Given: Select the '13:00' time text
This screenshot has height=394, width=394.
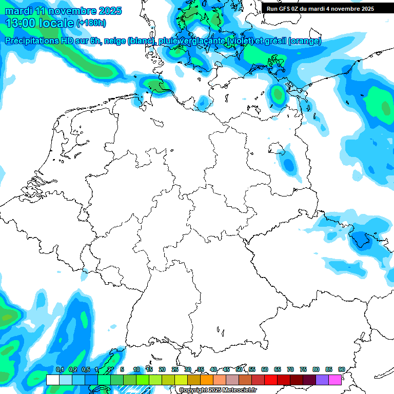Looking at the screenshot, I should point(21,23).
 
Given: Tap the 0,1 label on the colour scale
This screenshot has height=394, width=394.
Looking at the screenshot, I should point(60,370).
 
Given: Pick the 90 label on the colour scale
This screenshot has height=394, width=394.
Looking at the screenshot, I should point(341,370).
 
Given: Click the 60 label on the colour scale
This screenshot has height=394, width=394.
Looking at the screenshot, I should point(265,370).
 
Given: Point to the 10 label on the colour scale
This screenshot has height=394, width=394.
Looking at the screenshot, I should point(136,370).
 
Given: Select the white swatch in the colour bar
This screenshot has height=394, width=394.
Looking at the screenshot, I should point(52,380).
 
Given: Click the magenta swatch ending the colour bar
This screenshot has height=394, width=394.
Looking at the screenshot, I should point(334,380).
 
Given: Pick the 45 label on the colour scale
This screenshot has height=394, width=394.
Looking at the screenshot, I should point(226,370).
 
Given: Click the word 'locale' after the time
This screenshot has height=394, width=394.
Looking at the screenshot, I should point(57,23).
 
